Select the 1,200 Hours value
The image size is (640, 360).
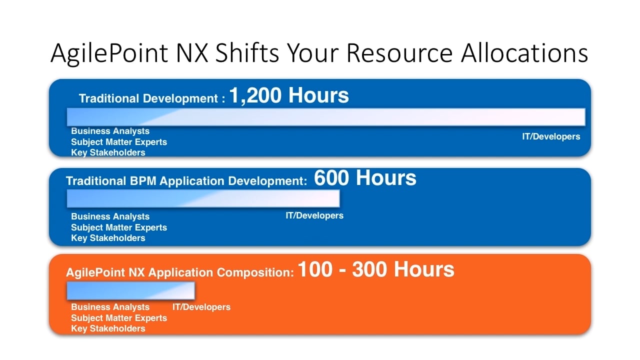point(289,95)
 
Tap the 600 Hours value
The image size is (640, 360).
point(365,177)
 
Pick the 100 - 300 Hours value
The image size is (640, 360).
point(376,269)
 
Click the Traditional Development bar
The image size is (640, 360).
point(326,117)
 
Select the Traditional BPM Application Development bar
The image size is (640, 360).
point(203,198)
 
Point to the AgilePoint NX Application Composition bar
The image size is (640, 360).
point(130,290)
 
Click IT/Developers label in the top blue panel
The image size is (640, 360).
point(551,136)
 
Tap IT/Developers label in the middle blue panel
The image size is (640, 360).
point(314,215)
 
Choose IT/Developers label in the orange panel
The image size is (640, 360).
point(201,307)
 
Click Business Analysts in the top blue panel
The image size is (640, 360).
point(110,131)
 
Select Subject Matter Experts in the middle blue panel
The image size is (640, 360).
point(119,227)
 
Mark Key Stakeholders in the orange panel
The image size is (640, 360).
point(108,328)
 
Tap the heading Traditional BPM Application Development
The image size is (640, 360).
point(186,181)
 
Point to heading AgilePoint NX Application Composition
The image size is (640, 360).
point(180,272)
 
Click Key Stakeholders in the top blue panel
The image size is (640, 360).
point(108,152)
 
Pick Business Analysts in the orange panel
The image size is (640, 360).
point(110,307)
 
